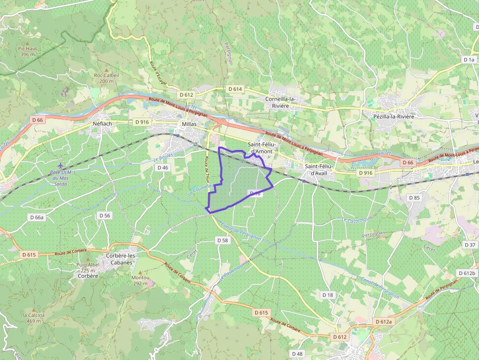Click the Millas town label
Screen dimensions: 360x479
tap(189, 124)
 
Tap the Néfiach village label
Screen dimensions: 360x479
tap(102, 124)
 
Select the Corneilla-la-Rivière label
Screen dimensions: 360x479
tap(281, 102)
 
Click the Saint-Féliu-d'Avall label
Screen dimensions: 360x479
tap(319, 169)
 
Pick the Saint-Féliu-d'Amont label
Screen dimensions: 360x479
tap(262, 148)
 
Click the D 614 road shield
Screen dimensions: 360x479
tap(235, 89)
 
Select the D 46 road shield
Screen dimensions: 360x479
tap(162, 168)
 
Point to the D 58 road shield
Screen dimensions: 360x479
tap(222, 240)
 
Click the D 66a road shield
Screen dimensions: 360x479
tap(37, 217)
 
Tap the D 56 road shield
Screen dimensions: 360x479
tap(105, 215)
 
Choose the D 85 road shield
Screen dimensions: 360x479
tap(414, 198)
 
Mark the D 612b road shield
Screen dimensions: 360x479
tap(467, 273)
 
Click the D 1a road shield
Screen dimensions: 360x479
tap(468, 59)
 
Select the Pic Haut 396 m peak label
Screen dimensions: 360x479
tap(28, 51)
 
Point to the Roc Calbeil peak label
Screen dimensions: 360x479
tap(106, 75)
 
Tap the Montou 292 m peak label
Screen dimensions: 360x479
tap(140, 280)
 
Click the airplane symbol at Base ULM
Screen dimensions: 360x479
tap(60, 166)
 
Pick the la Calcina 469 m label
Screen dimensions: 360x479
tap(34, 318)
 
